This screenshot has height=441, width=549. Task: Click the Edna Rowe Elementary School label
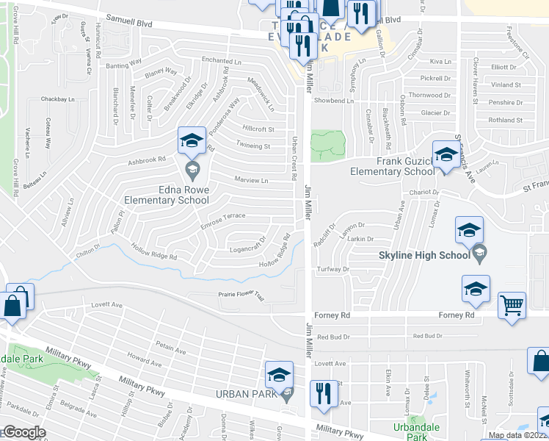[167, 195]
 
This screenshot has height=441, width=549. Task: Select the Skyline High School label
[423, 255]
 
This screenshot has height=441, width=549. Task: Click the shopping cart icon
[512, 304]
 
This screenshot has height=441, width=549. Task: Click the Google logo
[23, 432]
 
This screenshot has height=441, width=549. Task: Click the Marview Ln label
[251, 180]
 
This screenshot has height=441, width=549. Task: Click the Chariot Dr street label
[412, 193]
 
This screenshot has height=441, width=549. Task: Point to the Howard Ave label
[144, 359]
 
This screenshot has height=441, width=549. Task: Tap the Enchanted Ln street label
[222, 62]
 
